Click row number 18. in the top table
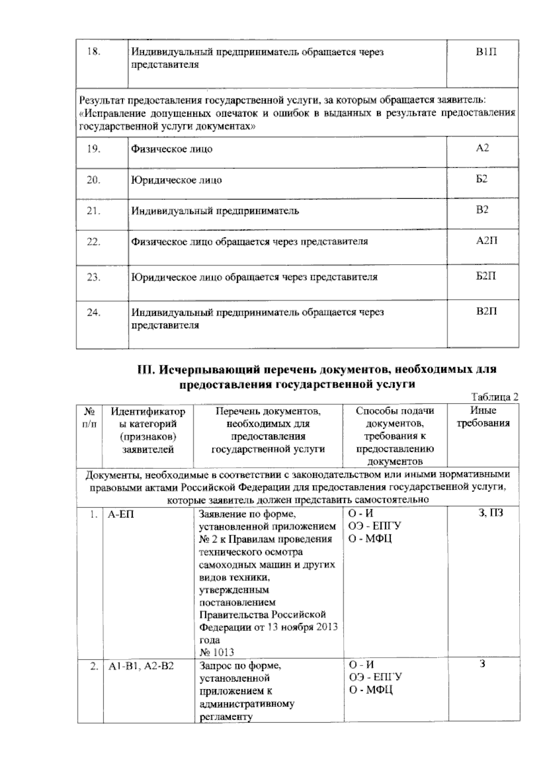[94, 51]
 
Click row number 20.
[94, 180]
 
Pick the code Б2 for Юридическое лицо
[482, 179]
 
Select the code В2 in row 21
[482, 210]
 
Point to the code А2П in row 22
[486, 241]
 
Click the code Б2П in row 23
[486, 276]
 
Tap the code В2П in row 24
[486, 312]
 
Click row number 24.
[94, 312]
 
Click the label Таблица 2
[495, 397]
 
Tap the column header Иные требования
[483, 417]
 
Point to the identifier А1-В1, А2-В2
[141, 666]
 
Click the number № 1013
[217, 652]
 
